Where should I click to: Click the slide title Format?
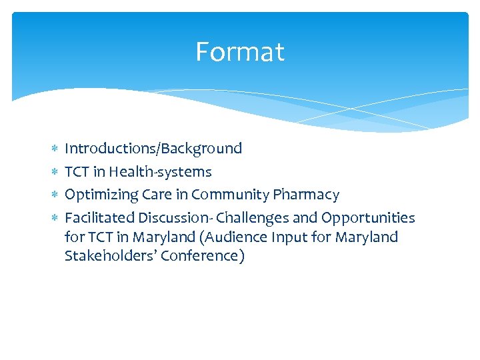(x=240, y=52)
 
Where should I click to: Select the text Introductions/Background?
(x=153, y=149)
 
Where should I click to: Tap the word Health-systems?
(x=161, y=172)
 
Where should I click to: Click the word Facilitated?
(x=99, y=218)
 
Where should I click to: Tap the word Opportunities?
(x=368, y=218)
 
